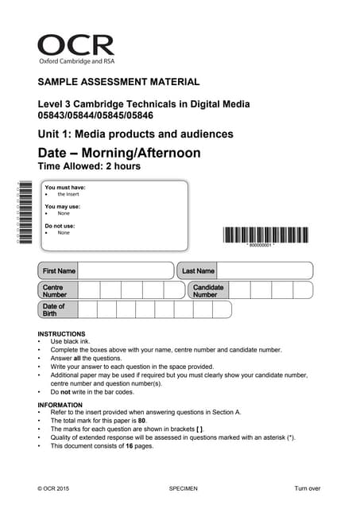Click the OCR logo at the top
coord(75,49)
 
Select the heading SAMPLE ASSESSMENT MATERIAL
coord(118,82)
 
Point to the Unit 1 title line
coord(135,134)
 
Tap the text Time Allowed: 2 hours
coord(89,166)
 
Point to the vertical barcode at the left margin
coord(25,213)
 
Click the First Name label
coord(60,271)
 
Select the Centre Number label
coord(55,290)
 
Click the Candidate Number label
coord(207,290)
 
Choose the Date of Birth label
coord(53,309)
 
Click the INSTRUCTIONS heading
coord(61,334)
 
